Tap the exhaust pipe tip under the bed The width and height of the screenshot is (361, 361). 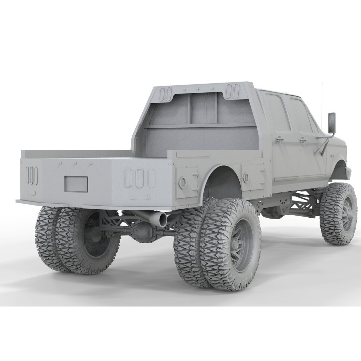click(x=163, y=219)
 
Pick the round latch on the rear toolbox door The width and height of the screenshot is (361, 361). click(x=183, y=182)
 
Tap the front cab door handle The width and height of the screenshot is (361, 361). click(x=303, y=141)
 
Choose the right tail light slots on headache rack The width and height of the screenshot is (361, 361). click(x=232, y=91)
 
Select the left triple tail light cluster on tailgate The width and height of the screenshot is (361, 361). click(x=32, y=175)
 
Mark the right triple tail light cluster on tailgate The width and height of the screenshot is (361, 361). click(x=140, y=178)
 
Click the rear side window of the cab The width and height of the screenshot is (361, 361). click(x=277, y=112)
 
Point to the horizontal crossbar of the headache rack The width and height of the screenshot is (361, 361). click(x=201, y=126)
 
